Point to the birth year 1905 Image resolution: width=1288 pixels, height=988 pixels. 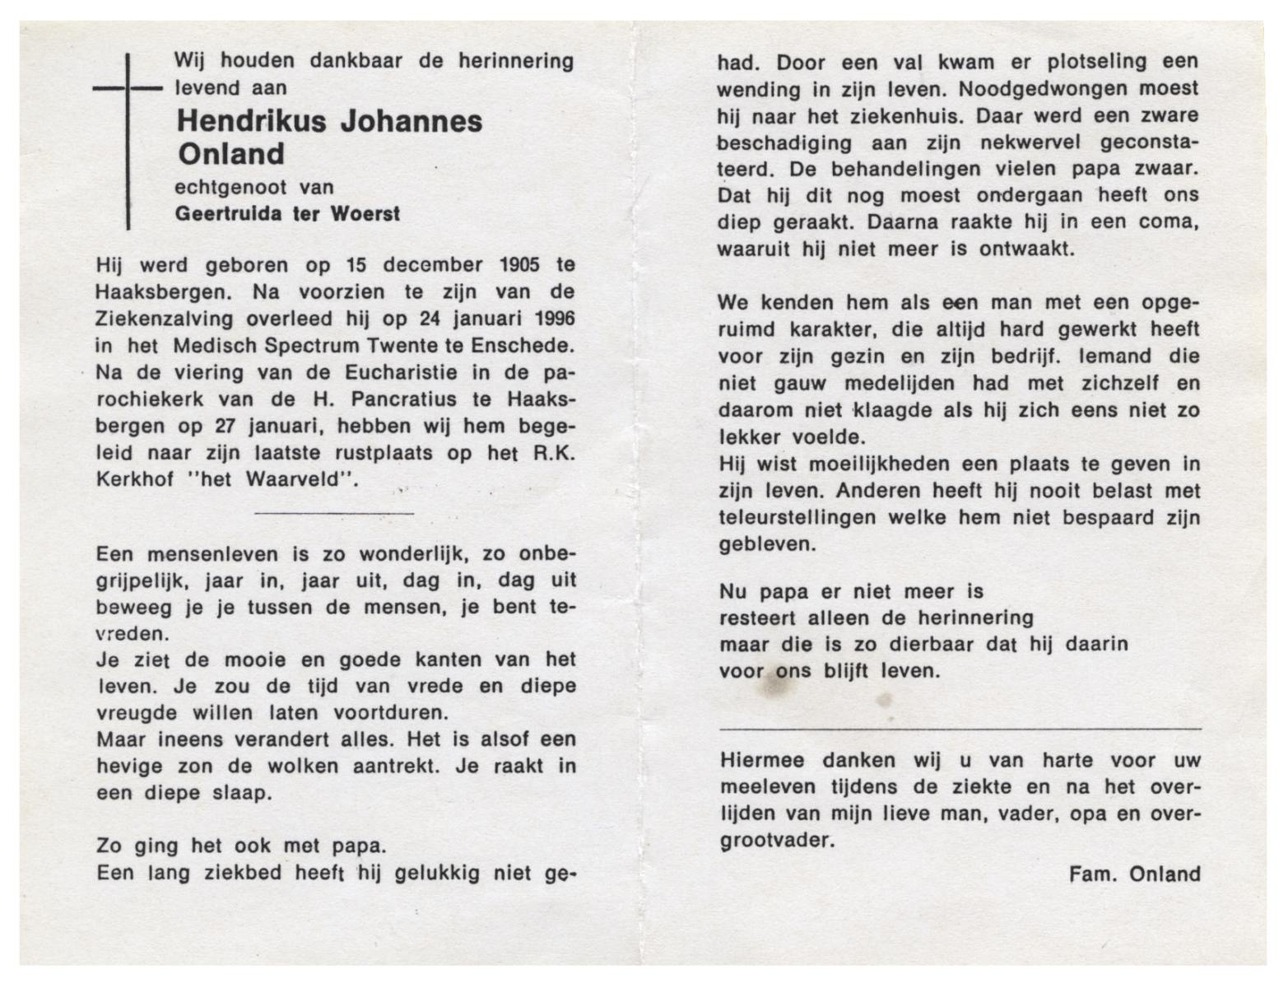click(x=518, y=265)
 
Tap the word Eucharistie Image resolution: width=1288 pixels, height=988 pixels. click(x=396, y=372)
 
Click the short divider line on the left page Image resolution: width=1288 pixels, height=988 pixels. click(x=334, y=513)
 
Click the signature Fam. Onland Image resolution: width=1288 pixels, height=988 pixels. click(x=1134, y=874)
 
